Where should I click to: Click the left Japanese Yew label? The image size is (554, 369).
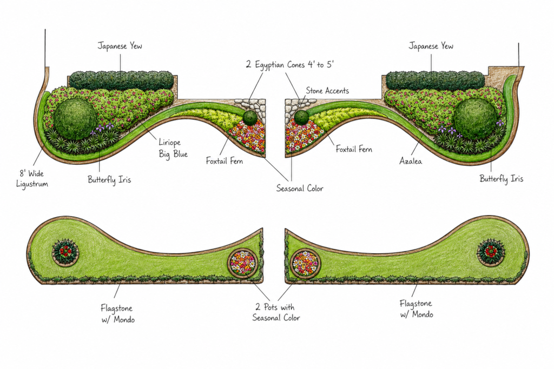click(120, 46)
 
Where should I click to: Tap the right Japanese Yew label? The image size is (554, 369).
click(431, 46)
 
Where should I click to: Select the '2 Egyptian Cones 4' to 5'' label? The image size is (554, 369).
click(290, 64)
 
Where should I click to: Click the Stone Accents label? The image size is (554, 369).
click(327, 91)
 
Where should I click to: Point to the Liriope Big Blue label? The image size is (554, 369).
click(173, 148)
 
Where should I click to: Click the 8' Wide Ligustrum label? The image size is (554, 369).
click(32, 178)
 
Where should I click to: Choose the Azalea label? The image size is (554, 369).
click(411, 161)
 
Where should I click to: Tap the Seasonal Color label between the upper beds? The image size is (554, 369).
click(300, 189)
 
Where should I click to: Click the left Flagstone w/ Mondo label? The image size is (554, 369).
click(117, 314)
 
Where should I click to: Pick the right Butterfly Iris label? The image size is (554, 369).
click(501, 178)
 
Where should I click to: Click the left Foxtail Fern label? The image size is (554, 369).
click(225, 161)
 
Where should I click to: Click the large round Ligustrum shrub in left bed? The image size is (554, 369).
click(75, 118)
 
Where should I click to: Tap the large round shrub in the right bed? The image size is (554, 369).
click(475, 118)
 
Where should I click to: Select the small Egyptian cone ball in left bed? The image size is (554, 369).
click(250, 117)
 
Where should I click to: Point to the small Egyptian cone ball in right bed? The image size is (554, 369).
click(301, 117)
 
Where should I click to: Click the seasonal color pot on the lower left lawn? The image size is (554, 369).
click(243, 263)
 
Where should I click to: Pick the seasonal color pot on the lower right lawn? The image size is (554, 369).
click(305, 264)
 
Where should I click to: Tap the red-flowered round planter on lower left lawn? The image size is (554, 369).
click(65, 252)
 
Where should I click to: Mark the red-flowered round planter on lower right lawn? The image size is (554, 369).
click(491, 252)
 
